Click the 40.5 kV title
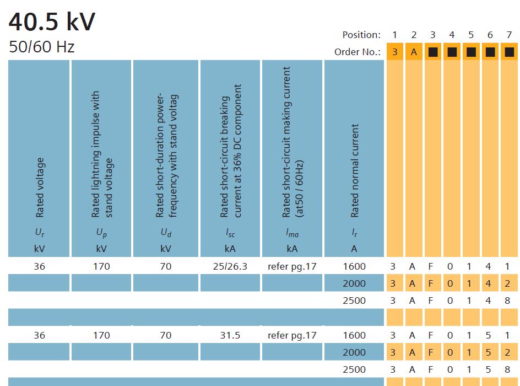pyautogui.click(x=52, y=23)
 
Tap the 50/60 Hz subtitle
pyautogui.click(x=41, y=47)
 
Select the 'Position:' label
pyautogui.click(x=361, y=35)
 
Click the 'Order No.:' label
pyautogui.click(x=357, y=52)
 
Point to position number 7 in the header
pyautogui.click(x=509, y=35)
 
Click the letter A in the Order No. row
pyautogui.click(x=414, y=52)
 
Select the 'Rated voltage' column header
pyautogui.click(x=40, y=187)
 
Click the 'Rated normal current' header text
pyautogui.click(x=355, y=170)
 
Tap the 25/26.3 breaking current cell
pyautogui.click(x=230, y=266)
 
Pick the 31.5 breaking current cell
pyautogui.click(x=230, y=335)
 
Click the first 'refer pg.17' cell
pyautogui.click(x=292, y=266)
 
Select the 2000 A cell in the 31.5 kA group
pyautogui.click(x=354, y=352)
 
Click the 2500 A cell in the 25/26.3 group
pyautogui.click(x=354, y=301)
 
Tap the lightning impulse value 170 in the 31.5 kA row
pyautogui.click(x=101, y=335)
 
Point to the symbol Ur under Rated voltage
pyautogui.click(x=40, y=233)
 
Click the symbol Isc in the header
pyautogui.click(x=230, y=234)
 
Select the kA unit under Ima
pyautogui.click(x=292, y=249)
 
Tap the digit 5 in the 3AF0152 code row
pyautogui.click(x=490, y=352)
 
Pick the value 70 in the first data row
pyautogui.click(x=166, y=266)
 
